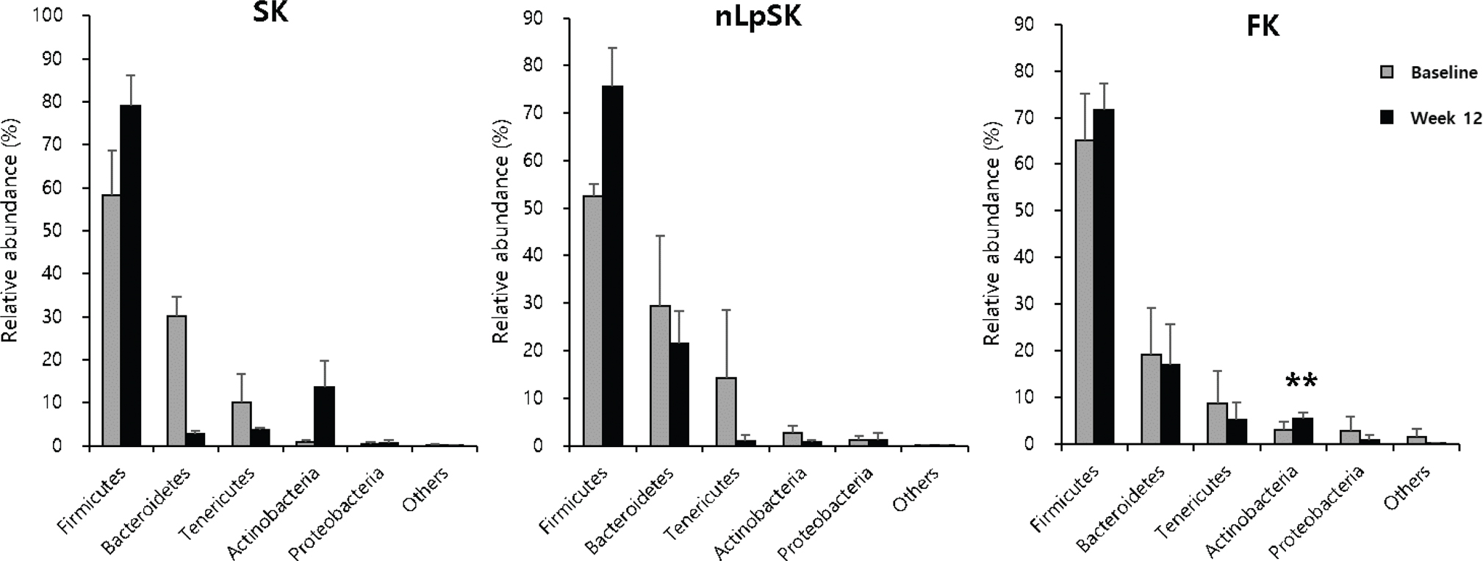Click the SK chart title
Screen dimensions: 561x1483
[270, 13]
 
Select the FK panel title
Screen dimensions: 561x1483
[1263, 27]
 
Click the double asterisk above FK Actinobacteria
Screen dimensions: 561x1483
[1301, 382]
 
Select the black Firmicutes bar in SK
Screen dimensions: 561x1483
[131, 276]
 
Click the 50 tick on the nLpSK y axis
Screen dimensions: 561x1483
[538, 208]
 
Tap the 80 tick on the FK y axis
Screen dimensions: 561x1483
[1033, 71]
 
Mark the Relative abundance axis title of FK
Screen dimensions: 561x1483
[993, 233]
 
